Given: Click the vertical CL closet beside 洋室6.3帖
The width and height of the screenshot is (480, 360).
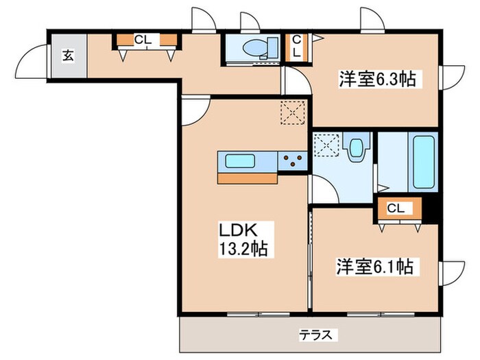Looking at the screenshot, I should click(296, 47).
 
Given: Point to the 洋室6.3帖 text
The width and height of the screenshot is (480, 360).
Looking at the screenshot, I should click(376, 80).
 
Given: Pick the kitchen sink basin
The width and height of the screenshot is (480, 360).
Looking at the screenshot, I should click(240, 162).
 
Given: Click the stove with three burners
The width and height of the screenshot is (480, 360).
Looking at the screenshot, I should click(294, 162).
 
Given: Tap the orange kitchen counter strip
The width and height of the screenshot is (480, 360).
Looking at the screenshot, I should click(248, 178).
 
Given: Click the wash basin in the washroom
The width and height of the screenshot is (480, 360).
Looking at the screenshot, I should click(357, 149).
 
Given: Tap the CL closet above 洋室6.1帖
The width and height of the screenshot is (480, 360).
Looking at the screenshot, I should click(396, 208).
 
